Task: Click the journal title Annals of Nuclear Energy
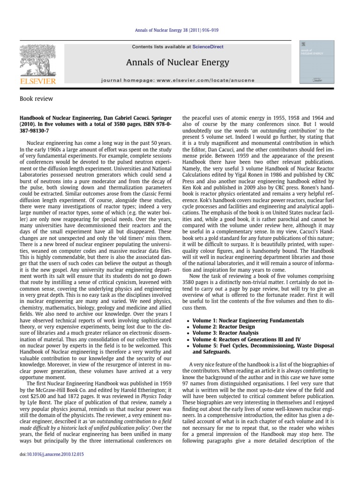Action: [x=178, y=62]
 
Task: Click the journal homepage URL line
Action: [x=178, y=80]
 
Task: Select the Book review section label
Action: [x=36, y=99]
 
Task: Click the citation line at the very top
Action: [x=180, y=30]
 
